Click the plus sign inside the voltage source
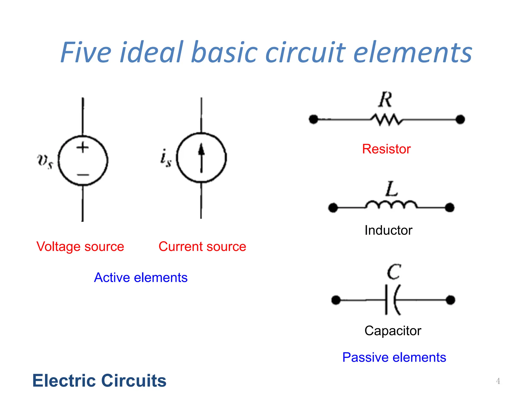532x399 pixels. pyautogui.click(x=83, y=147)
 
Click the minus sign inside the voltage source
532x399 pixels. pyautogui.click(x=83, y=175)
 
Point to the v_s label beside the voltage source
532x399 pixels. pyautogui.click(x=45, y=161)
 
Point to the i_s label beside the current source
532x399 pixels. pyautogui.click(x=166, y=158)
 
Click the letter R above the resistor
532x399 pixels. pyautogui.click(x=385, y=99)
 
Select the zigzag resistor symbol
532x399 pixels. pyautogui.click(x=387, y=120)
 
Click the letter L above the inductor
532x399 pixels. pyautogui.click(x=391, y=189)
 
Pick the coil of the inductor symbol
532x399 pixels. pyautogui.click(x=391, y=205)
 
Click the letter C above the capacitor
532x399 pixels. pyautogui.click(x=394, y=272)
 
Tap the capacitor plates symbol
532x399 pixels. pyautogui.click(x=392, y=300)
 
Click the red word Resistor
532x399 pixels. pyautogui.click(x=386, y=149)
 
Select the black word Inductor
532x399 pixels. pyautogui.click(x=388, y=230)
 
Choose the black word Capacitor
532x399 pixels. pyautogui.click(x=393, y=331)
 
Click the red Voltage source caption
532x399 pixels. pyautogui.click(x=80, y=247)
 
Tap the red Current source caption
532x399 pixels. pyautogui.click(x=202, y=247)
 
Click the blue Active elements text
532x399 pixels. pyautogui.click(x=141, y=277)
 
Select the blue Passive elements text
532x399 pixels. pyautogui.click(x=394, y=357)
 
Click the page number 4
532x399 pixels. pyautogui.click(x=498, y=381)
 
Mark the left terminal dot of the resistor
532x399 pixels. pyautogui.click(x=314, y=119)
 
